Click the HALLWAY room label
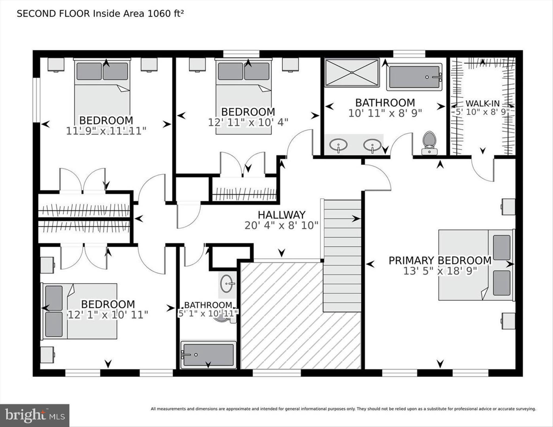[x=281, y=215]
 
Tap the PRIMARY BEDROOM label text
[x=440, y=260]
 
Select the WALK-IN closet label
[x=482, y=103]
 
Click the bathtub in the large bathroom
[x=414, y=77]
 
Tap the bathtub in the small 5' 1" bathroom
[x=208, y=355]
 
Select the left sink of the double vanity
[x=338, y=145]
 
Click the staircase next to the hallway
[x=342, y=255]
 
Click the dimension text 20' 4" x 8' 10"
[x=281, y=225]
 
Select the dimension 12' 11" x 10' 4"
[x=248, y=123]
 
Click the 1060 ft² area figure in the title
[x=165, y=13]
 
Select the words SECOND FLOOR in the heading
[x=53, y=14]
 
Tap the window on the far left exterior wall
[x=37, y=99]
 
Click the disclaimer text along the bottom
[x=343, y=409]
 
